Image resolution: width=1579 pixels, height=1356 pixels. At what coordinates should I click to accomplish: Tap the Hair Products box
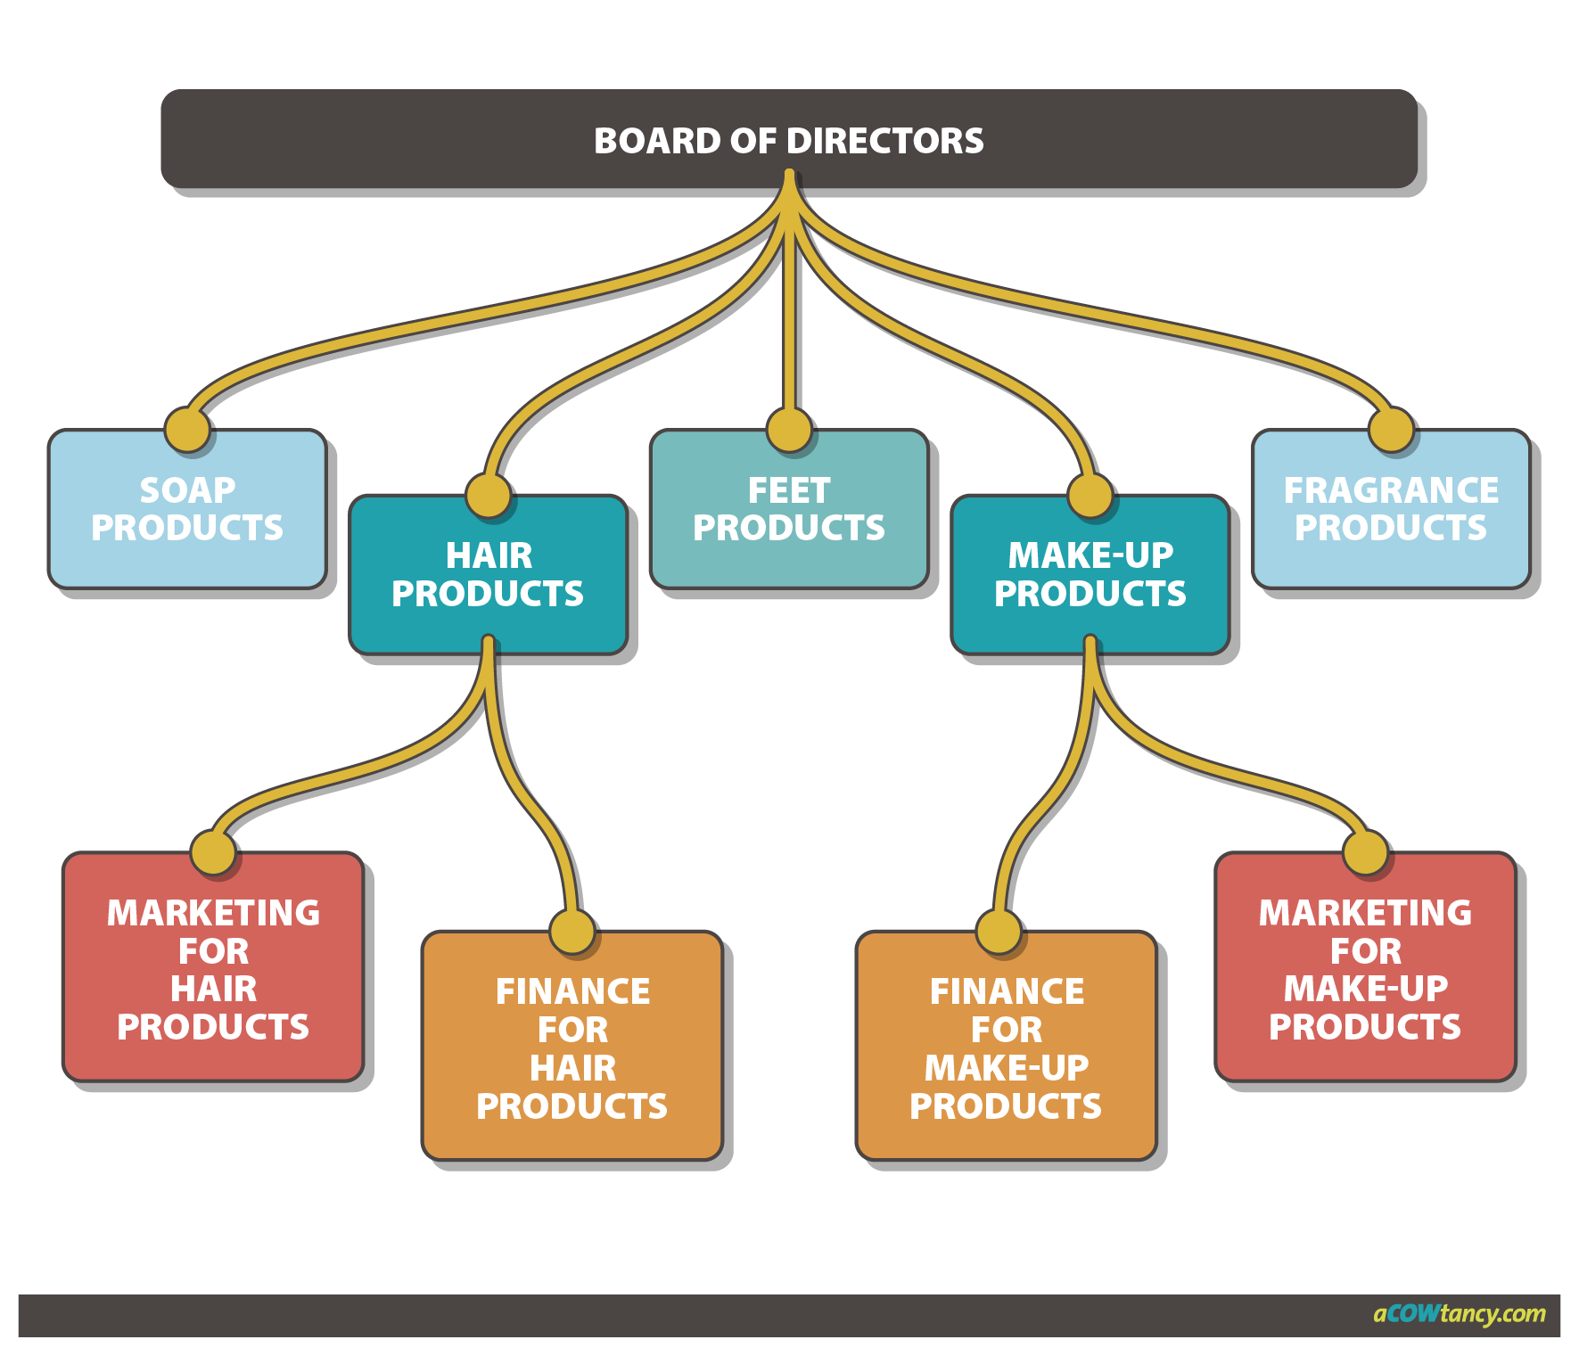(488, 576)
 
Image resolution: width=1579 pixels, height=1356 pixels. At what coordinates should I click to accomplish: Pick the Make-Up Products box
(1090, 576)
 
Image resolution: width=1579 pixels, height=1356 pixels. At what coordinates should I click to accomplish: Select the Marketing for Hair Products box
(213, 970)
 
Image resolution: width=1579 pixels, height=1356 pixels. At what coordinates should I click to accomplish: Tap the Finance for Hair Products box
(572, 1048)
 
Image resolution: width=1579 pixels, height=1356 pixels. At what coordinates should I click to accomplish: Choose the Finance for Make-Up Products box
(1006, 1048)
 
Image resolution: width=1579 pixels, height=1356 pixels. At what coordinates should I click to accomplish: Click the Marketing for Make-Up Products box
(1365, 970)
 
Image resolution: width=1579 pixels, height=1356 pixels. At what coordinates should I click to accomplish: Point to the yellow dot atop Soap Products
(187, 430)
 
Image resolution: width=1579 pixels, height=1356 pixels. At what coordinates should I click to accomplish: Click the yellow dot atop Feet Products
(789, 430)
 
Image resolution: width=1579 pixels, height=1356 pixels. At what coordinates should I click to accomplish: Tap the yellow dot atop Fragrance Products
(1391, 430)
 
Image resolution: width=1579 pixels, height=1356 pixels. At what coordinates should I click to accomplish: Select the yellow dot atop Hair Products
(488, 495)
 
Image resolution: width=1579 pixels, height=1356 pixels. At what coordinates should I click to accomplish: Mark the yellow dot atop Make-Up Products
(1090, 495)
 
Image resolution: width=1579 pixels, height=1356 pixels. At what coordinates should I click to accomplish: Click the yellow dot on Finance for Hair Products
(572, 932)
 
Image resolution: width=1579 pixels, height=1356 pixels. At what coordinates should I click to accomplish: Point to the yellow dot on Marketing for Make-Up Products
(1365, 852)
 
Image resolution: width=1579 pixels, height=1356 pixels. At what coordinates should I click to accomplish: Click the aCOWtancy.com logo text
(1459, 1314)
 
